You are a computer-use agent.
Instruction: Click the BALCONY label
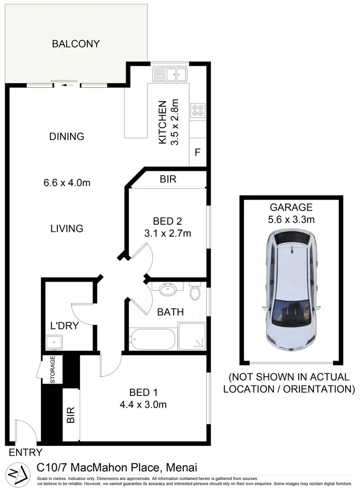coord(76,44)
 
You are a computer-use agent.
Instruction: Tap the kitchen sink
coord(169,74)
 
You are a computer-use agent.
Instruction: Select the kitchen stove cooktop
coord(198,111)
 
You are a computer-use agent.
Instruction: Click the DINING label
coord(67,136)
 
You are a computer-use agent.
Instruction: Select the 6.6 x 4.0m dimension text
coord(67,182)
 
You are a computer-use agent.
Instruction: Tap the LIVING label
coord(67,228)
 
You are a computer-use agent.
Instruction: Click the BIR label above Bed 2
coord(168,180)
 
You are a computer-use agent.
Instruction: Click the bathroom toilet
coord(195,292)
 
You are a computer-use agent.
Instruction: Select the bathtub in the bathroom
coord(153,339)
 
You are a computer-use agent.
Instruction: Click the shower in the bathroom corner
coord(192,337)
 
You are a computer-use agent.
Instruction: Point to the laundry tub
coord(53,343)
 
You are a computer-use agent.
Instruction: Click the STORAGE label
coord(53,370)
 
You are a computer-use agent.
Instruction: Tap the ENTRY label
coord(26,452)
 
